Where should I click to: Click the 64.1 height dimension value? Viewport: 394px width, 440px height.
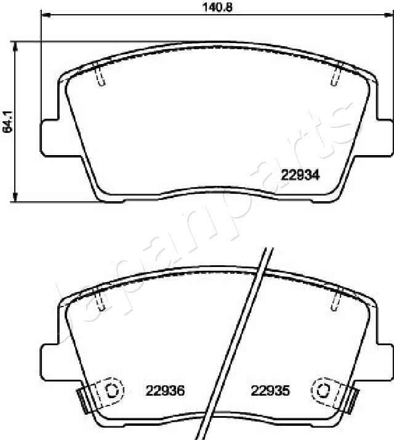coord(7,121)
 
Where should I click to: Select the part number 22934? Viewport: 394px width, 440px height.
coord(300,174)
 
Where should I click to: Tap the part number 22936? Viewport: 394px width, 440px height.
coord(165,390)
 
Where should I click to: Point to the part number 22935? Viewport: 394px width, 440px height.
coord(270,390)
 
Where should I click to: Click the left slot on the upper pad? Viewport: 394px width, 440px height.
coord(101,75)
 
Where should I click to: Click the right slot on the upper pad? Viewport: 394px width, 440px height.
coord(336,75)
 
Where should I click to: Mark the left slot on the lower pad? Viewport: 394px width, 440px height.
coord(101,300)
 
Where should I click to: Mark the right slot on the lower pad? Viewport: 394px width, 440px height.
coord(336,300)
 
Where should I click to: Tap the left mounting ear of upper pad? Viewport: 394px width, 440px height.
coord(49,137)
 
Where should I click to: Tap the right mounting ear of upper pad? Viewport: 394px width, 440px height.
coord(385,137)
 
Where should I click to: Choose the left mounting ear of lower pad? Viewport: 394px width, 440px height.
coord(49,361)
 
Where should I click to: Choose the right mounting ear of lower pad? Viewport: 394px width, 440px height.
coord(385,361)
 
